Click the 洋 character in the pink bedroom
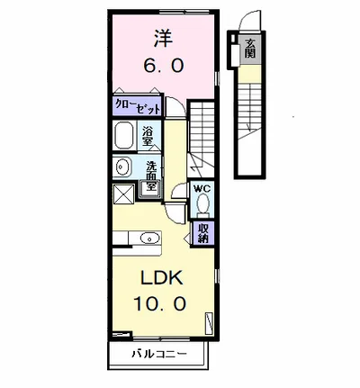162,41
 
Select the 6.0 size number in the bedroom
163,68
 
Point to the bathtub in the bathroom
125,137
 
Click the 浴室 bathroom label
148,137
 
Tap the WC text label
203,189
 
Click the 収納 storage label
203,233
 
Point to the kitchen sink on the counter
149,239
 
